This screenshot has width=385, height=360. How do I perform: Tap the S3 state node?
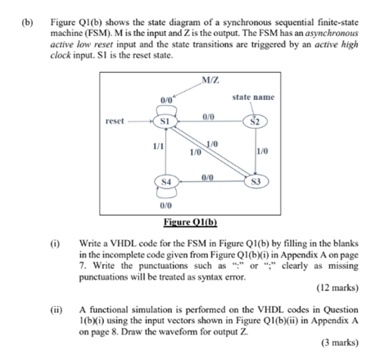tap(256, 181)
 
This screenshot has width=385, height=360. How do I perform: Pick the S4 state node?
tap(166, 180)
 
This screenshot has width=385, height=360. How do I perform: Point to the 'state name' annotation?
tap(253, 97)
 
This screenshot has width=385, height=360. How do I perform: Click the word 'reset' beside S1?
tap(115, 121)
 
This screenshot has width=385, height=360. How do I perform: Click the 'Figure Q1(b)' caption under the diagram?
tap(189, 221)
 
